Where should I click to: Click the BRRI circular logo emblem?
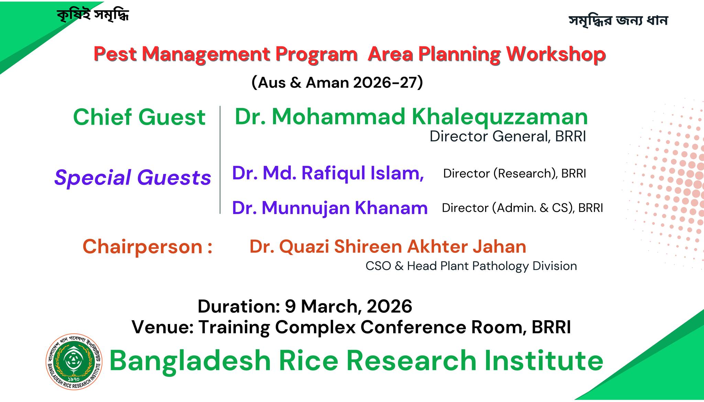[74, 362]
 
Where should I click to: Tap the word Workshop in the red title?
[556, 54]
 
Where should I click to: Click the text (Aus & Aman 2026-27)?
[337, 83]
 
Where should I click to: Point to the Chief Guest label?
[139, 117]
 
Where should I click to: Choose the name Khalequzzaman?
[500, 117]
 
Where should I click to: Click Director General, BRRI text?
[508, 136]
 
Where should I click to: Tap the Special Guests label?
[133, 178]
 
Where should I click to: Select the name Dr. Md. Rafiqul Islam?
[328, 173]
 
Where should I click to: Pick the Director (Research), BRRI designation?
[515, 174]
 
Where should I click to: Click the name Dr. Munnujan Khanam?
[330, 208]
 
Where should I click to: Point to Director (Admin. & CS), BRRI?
[522, 208]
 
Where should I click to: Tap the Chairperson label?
[147, 247]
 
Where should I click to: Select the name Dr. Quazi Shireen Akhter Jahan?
[388, 247]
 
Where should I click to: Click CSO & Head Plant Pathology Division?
[471, 266]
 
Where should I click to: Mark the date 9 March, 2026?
[349, 306]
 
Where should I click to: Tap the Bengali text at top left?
[93, 14]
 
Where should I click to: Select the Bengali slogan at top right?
[618, 20]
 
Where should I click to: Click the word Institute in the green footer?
[544, 360]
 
